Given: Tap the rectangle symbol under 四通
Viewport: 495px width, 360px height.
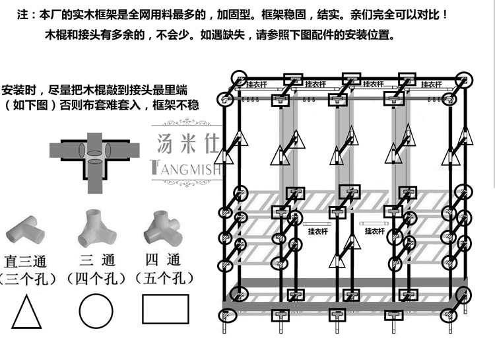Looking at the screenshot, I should click(165, 309).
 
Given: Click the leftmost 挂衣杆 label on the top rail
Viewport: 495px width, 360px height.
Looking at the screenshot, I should click(256, 85).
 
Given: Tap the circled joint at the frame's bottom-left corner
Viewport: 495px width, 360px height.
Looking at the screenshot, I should click(236, 291).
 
